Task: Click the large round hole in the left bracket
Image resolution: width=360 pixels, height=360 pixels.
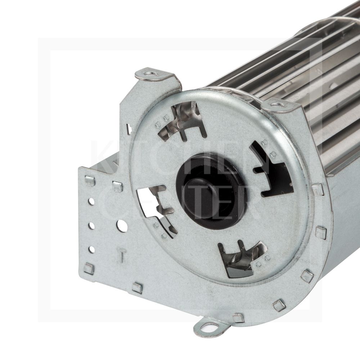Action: click(x=122, y=226)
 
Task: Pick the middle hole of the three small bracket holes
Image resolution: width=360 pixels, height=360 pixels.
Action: click(x=91, y=226)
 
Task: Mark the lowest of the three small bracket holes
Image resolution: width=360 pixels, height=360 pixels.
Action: click(x=92, y=249)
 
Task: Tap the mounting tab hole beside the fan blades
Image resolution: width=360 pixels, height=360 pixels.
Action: click(x=278, y=104)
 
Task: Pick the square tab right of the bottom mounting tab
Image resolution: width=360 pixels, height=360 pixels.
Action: click(x=238, y=318)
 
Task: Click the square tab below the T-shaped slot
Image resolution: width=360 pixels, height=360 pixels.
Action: click(x=137, y=287)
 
